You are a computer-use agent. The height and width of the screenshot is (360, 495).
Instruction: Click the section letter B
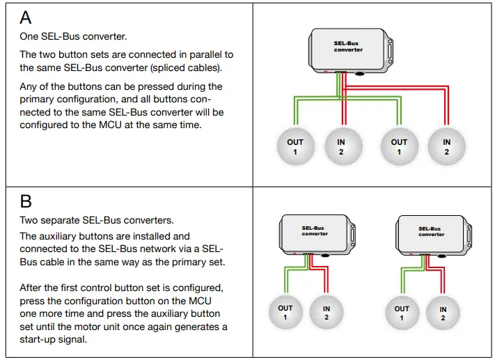[x=26, y=202]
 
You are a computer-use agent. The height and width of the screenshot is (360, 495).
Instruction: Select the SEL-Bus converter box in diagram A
[x=349, y=49]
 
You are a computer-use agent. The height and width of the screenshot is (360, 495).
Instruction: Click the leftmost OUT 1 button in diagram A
[x=295, y=146]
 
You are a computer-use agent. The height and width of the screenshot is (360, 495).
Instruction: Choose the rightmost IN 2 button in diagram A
[x=446, y=146]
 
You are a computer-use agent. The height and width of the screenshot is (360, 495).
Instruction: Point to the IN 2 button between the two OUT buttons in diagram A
[x=341, y=146]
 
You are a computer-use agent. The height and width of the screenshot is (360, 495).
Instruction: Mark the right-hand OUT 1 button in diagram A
[x=400, y=146]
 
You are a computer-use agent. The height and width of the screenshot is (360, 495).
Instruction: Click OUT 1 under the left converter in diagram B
[x=285, y=312]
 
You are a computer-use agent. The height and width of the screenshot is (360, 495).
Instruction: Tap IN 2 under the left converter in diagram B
[x=327, y=312]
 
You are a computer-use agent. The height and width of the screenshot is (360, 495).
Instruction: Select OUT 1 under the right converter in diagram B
[x=402, y=313]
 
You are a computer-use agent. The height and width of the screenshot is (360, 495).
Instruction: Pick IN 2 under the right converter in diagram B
[x=443, y=313]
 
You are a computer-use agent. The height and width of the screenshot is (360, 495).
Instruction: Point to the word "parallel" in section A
[x=197, y=54]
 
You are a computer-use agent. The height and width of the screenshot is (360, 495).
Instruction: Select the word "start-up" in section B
[x=42, y=339]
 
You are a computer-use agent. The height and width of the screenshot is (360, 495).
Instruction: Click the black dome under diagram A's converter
[x=360, y=72]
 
